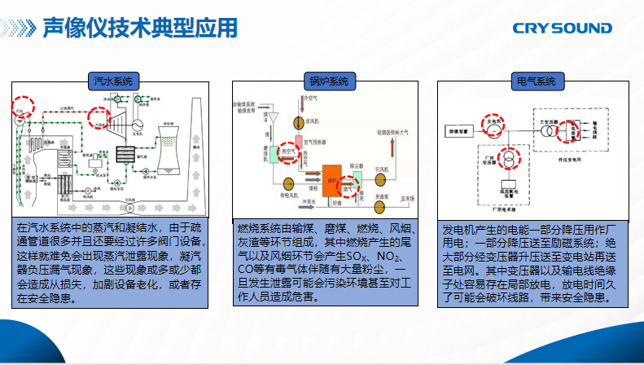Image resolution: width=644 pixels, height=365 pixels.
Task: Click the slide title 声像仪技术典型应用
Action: pyautogui.click(x=140, y=28)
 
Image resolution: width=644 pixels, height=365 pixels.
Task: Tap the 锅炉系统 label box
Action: pyautogui.click(x=328, y=81)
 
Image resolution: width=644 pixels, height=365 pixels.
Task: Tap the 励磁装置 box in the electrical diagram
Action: pyautogui.click(x=458, y=130)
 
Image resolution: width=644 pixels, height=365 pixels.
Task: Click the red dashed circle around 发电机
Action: pyautogui.click(x=493, y=125)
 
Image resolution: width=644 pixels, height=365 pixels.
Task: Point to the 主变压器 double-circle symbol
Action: pyautogui.click(x=549, y=130)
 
